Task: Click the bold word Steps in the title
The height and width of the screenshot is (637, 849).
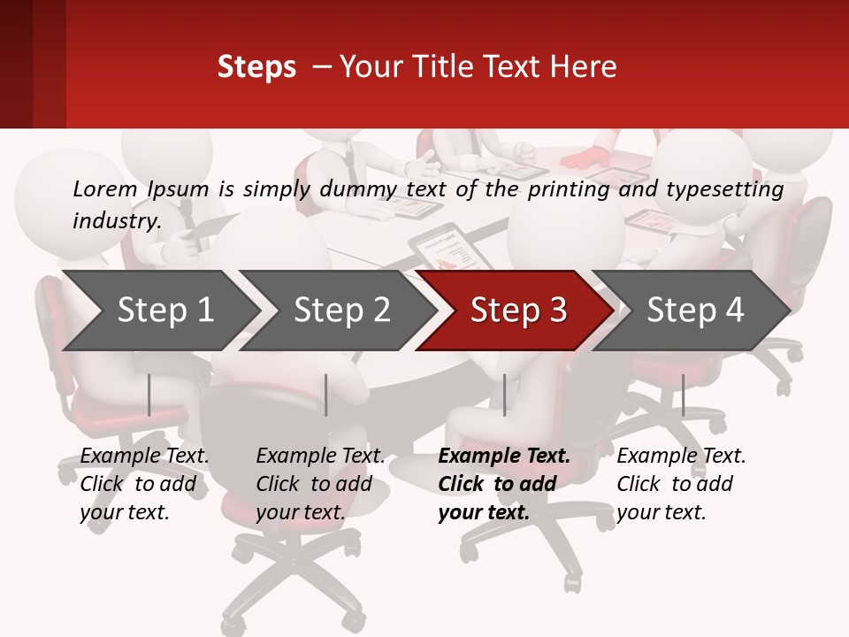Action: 256,67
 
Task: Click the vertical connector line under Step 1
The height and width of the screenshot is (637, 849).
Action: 149,395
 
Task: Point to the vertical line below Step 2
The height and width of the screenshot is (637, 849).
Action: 326,395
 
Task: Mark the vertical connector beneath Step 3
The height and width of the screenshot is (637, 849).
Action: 504,395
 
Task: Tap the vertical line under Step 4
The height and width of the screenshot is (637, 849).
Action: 683,395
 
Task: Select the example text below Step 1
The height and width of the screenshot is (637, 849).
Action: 144,484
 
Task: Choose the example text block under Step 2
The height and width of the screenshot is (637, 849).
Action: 320,484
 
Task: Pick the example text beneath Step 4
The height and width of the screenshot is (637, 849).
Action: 681,484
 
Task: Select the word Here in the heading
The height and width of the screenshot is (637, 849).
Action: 586,67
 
